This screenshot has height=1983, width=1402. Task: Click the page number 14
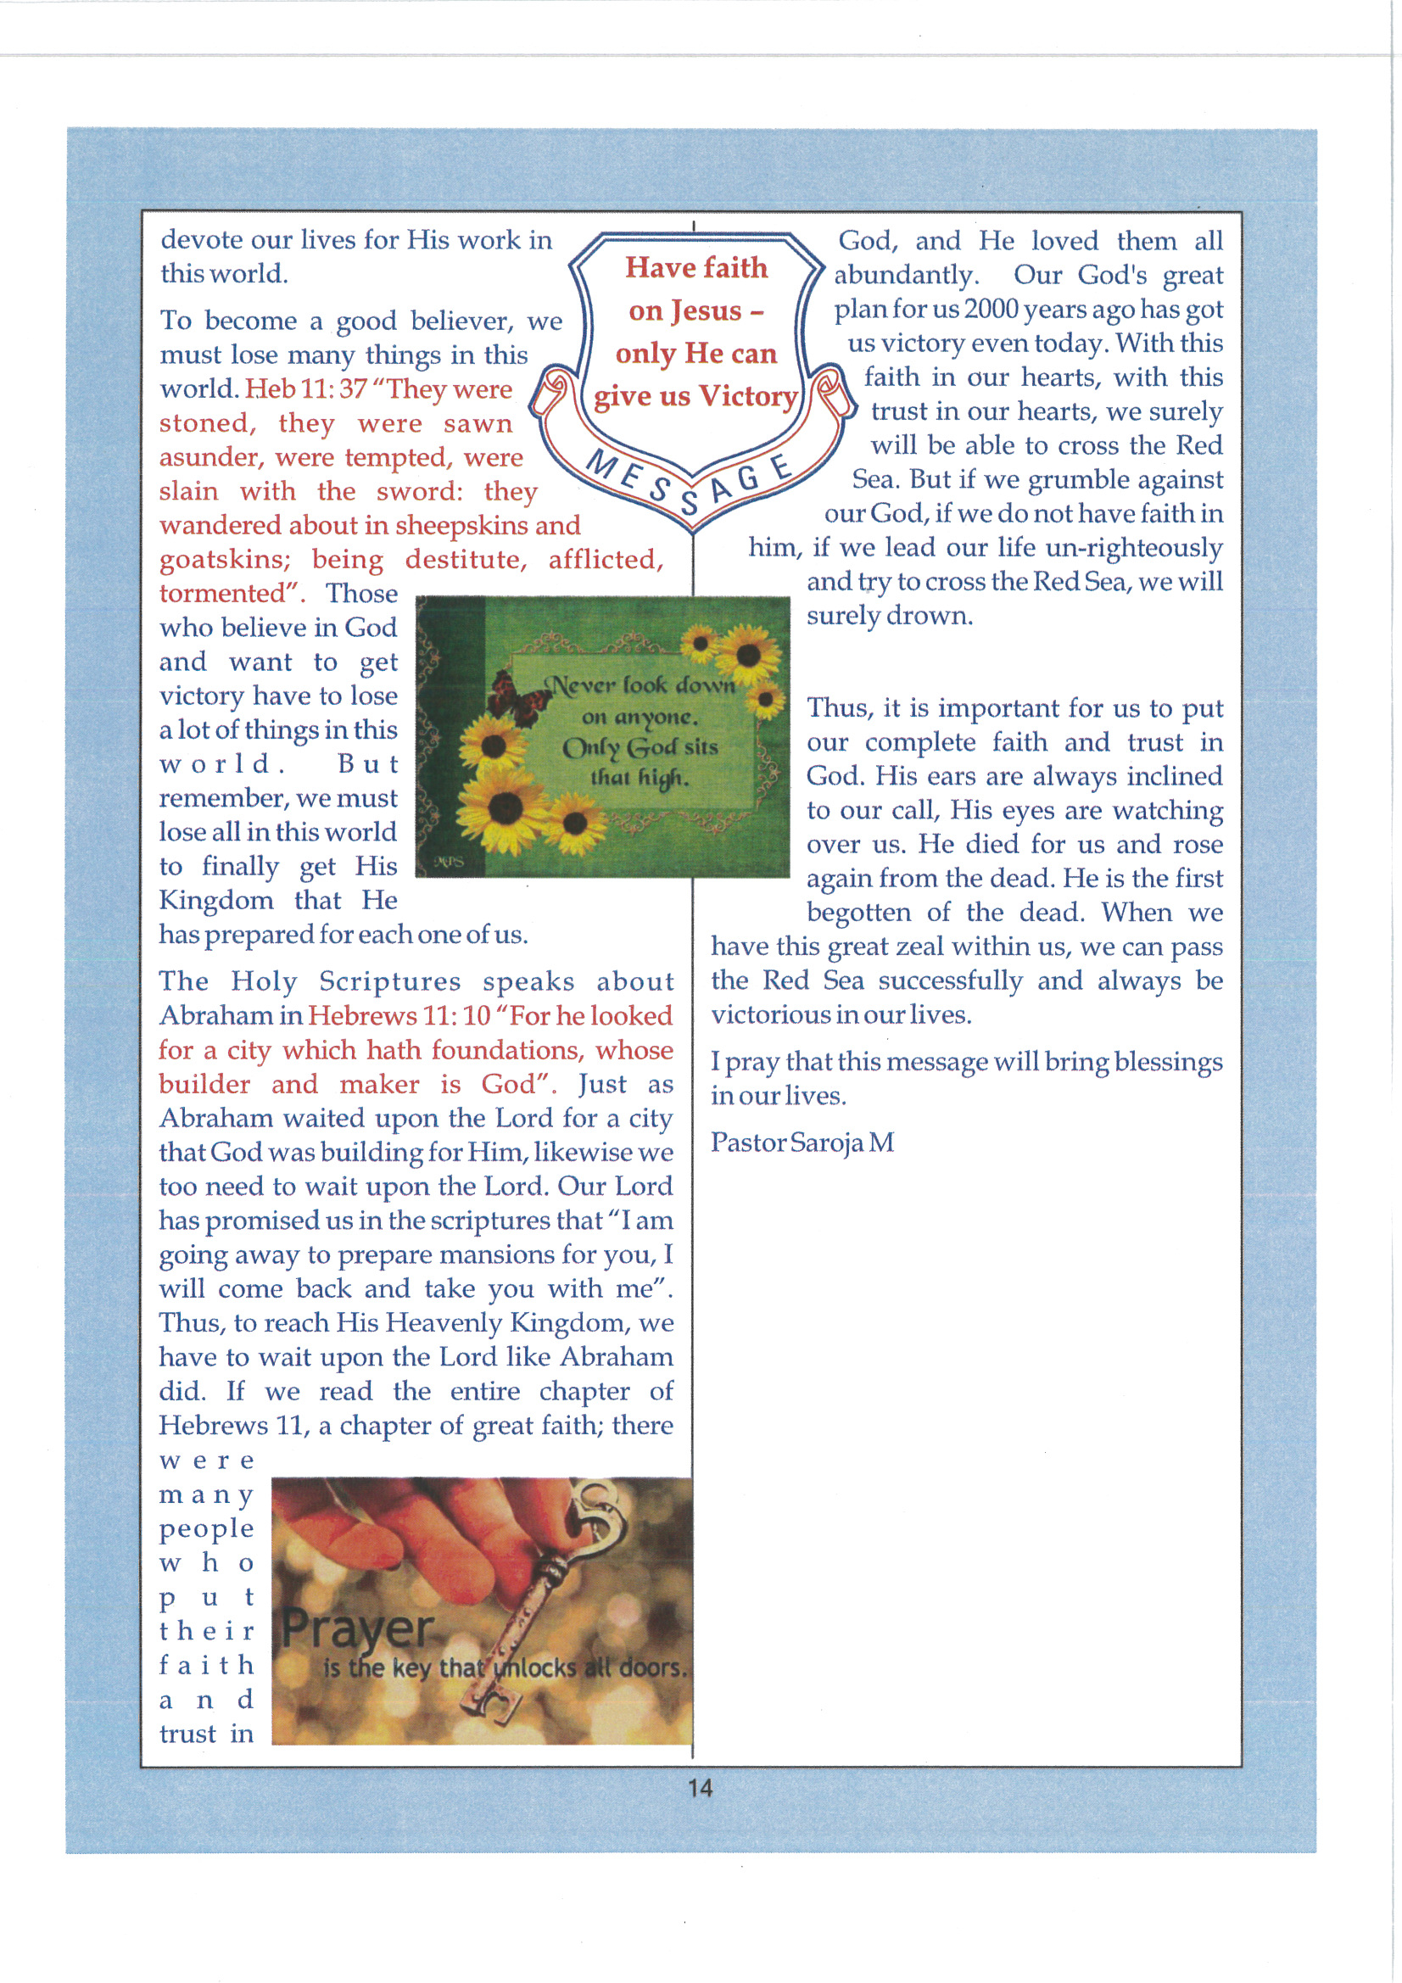[700, 1788]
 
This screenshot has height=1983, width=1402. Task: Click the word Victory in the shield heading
[747, 395]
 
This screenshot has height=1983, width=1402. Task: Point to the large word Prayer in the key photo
[358, 1628]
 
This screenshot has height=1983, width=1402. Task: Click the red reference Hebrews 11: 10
[399, 1016]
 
